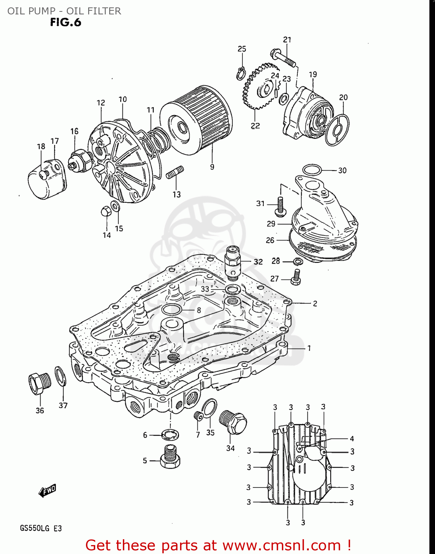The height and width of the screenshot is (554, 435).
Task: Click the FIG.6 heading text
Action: pos(65,23)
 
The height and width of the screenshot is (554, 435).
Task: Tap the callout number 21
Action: pos(287,40)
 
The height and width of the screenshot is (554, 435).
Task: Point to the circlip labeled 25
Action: pos(241,73)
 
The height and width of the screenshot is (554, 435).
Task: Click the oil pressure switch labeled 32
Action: pos(232,262)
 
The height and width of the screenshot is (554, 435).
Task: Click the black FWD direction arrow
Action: pos(47,491)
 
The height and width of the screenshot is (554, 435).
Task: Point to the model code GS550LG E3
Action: pos(41,528)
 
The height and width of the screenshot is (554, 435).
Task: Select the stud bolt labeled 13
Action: pos(175,172)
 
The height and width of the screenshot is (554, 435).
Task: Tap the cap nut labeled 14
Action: pos(106,211)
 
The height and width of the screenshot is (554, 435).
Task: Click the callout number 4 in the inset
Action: pos(352,438)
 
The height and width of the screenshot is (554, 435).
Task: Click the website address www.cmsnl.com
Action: pos(282,545)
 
